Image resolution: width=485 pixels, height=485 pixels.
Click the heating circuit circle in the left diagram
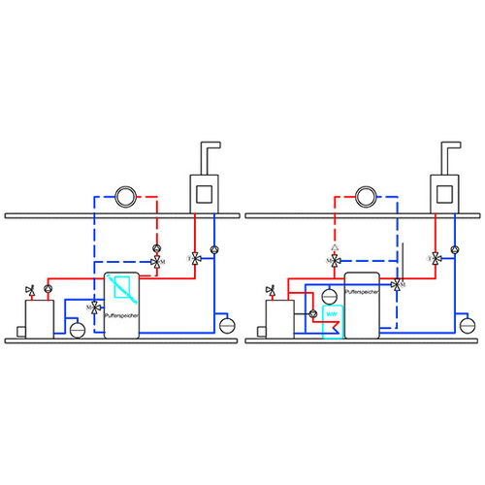pyautogui.click(x=124, y=198)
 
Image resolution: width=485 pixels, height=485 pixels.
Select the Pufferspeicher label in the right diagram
pyautogui.click(x=364, y=290)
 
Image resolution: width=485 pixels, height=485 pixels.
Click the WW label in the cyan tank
pyautogui.click(x=332, y=313)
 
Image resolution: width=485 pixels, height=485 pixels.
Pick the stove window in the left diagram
pyautogui.click(x=205, y=192)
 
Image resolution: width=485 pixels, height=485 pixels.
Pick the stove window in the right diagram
pyautogui.click(x=446, y=192)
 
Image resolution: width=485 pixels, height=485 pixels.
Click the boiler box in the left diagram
pyautogui.click(x=40, y=317)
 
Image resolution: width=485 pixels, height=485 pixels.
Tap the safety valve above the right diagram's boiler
pyautogui.click(x=269, y=289)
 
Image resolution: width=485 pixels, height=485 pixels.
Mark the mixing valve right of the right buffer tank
pyautogui.click(x=398, y=284)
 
